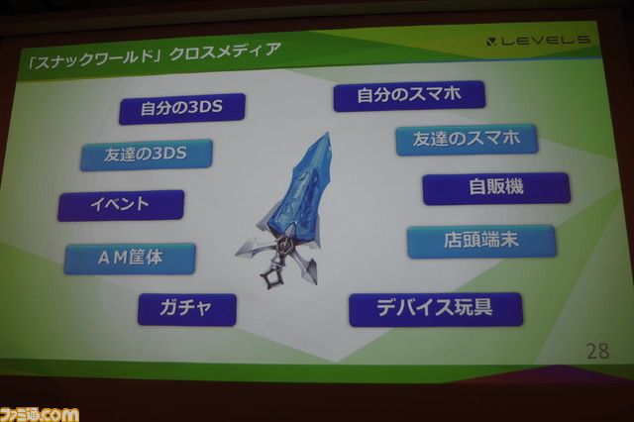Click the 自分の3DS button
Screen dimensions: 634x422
[x=182, y=108]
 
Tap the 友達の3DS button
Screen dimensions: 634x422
[x=147, y=155]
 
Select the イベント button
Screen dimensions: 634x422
[x=121, y=205]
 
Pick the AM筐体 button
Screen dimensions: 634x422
[x=130, y=259]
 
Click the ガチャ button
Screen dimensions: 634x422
[x=187, y=309]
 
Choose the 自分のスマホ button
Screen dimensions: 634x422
[x=409, y=96]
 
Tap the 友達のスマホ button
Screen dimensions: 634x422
[x=467, y=140]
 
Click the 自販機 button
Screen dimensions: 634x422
[x=496, y=188]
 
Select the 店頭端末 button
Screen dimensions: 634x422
[x=481, y=242]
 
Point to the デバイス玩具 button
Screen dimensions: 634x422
[x=436, y=310]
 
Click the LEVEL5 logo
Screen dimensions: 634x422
[x=538, y=41]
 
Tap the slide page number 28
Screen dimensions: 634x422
[x=598, y=352]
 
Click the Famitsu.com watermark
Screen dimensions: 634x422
[x=40, y=414]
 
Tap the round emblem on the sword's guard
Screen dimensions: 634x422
[x=286, y=246]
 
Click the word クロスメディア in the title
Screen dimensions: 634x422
[x=225, y=52]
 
